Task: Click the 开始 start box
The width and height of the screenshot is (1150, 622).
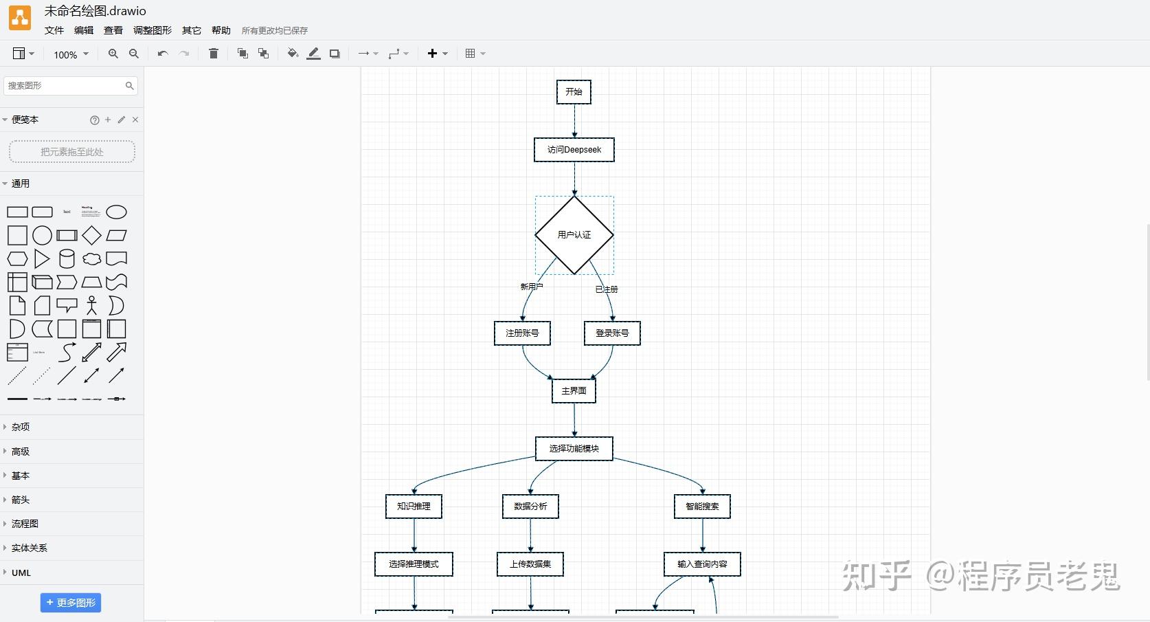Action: click(x=574, y=92)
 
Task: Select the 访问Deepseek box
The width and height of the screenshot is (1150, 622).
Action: click(x=574, y=150)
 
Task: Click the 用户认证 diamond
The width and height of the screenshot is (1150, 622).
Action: click(x=574, y=235)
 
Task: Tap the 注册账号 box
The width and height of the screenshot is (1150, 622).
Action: click(x=522, y=333)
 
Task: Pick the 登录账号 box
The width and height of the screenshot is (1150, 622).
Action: click(x=612, y=333)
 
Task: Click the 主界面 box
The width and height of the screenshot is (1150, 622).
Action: click(x=574, y=391)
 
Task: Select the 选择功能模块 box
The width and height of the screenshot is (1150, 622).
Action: click(x=574, y=449)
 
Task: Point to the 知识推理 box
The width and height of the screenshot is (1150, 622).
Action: click(x=414, y=507)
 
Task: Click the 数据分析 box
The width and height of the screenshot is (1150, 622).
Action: click(x=530, y=507)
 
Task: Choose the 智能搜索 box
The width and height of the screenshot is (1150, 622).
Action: click(x=702, y=507)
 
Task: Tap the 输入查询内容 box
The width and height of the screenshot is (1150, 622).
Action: click(x=702, y=564)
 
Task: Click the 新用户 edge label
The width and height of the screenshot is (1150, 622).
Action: click(x=531, y=287)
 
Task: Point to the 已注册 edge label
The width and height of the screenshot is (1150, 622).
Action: click(x=607, y=289)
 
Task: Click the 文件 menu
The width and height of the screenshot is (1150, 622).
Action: click(x=54, y=30)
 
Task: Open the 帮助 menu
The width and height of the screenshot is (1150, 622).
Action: click(x=221, y=30)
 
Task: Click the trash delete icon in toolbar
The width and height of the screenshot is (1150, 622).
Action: click(x=214, y=54)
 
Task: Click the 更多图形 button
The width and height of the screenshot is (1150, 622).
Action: click(x=71, y=603)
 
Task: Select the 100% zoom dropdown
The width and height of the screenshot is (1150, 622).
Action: click(x=71, y=54)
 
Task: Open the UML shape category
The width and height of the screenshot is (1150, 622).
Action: click(x=21, y=573)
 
